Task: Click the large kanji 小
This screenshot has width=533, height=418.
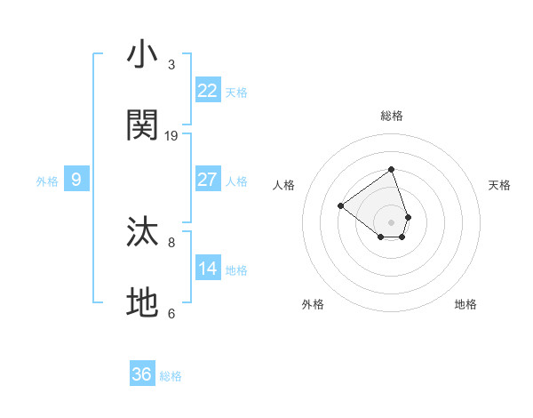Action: click(x=143, y=56)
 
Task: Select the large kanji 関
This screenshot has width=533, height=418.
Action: click(x=143, y=125)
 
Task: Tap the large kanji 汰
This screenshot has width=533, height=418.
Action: click(x=143, y=232)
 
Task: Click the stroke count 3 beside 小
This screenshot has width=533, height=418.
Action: click(x=171, y=65)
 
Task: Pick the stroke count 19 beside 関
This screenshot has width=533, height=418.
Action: click(x=171, y=136)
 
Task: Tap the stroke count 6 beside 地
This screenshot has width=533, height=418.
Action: click(x=171, y=313)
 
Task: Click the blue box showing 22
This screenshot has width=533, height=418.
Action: click(x=208, y=91)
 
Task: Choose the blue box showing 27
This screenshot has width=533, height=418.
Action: click(x=208, y=180)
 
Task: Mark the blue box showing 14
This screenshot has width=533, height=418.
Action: click(x=208, y=269)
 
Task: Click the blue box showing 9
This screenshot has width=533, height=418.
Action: click(x=76, y=180)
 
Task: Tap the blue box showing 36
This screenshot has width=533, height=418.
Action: click(x=142, y=374)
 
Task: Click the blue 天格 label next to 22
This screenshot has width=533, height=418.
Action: click(x=236, y=92)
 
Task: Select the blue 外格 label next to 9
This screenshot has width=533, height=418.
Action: click(x=47, y=181)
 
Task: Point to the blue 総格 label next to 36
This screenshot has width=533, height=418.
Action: click(x=171, y=376)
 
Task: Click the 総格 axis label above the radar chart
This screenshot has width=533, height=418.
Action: click(x=391, y=116)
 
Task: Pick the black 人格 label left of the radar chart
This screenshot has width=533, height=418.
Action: click(x=283, y=185)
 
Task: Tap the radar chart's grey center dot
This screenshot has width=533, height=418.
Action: click(x=391, y=221)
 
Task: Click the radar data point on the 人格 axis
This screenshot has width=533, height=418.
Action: click(x=340, y=205)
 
